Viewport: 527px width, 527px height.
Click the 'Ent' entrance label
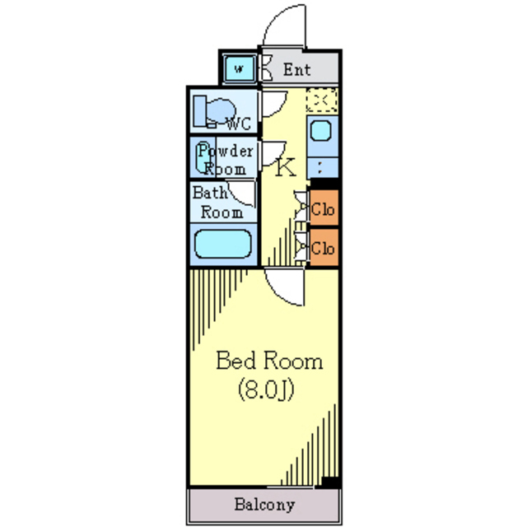(297, 70)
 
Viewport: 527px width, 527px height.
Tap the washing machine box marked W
(239, 68)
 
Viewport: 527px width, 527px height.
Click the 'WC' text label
(238, 126)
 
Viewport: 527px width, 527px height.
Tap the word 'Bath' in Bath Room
(209, 194)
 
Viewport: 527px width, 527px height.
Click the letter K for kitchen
(285, 167)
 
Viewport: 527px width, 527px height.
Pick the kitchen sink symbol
(322, 130)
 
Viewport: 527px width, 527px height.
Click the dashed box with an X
(322, 100)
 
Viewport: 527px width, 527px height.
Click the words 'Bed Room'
(269, 361)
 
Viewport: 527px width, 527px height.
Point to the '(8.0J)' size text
(266, 388)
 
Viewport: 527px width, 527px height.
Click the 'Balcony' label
(263, 504)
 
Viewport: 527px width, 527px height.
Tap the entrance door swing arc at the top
(284, 25)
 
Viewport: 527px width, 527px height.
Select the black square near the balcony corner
(329, 483)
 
